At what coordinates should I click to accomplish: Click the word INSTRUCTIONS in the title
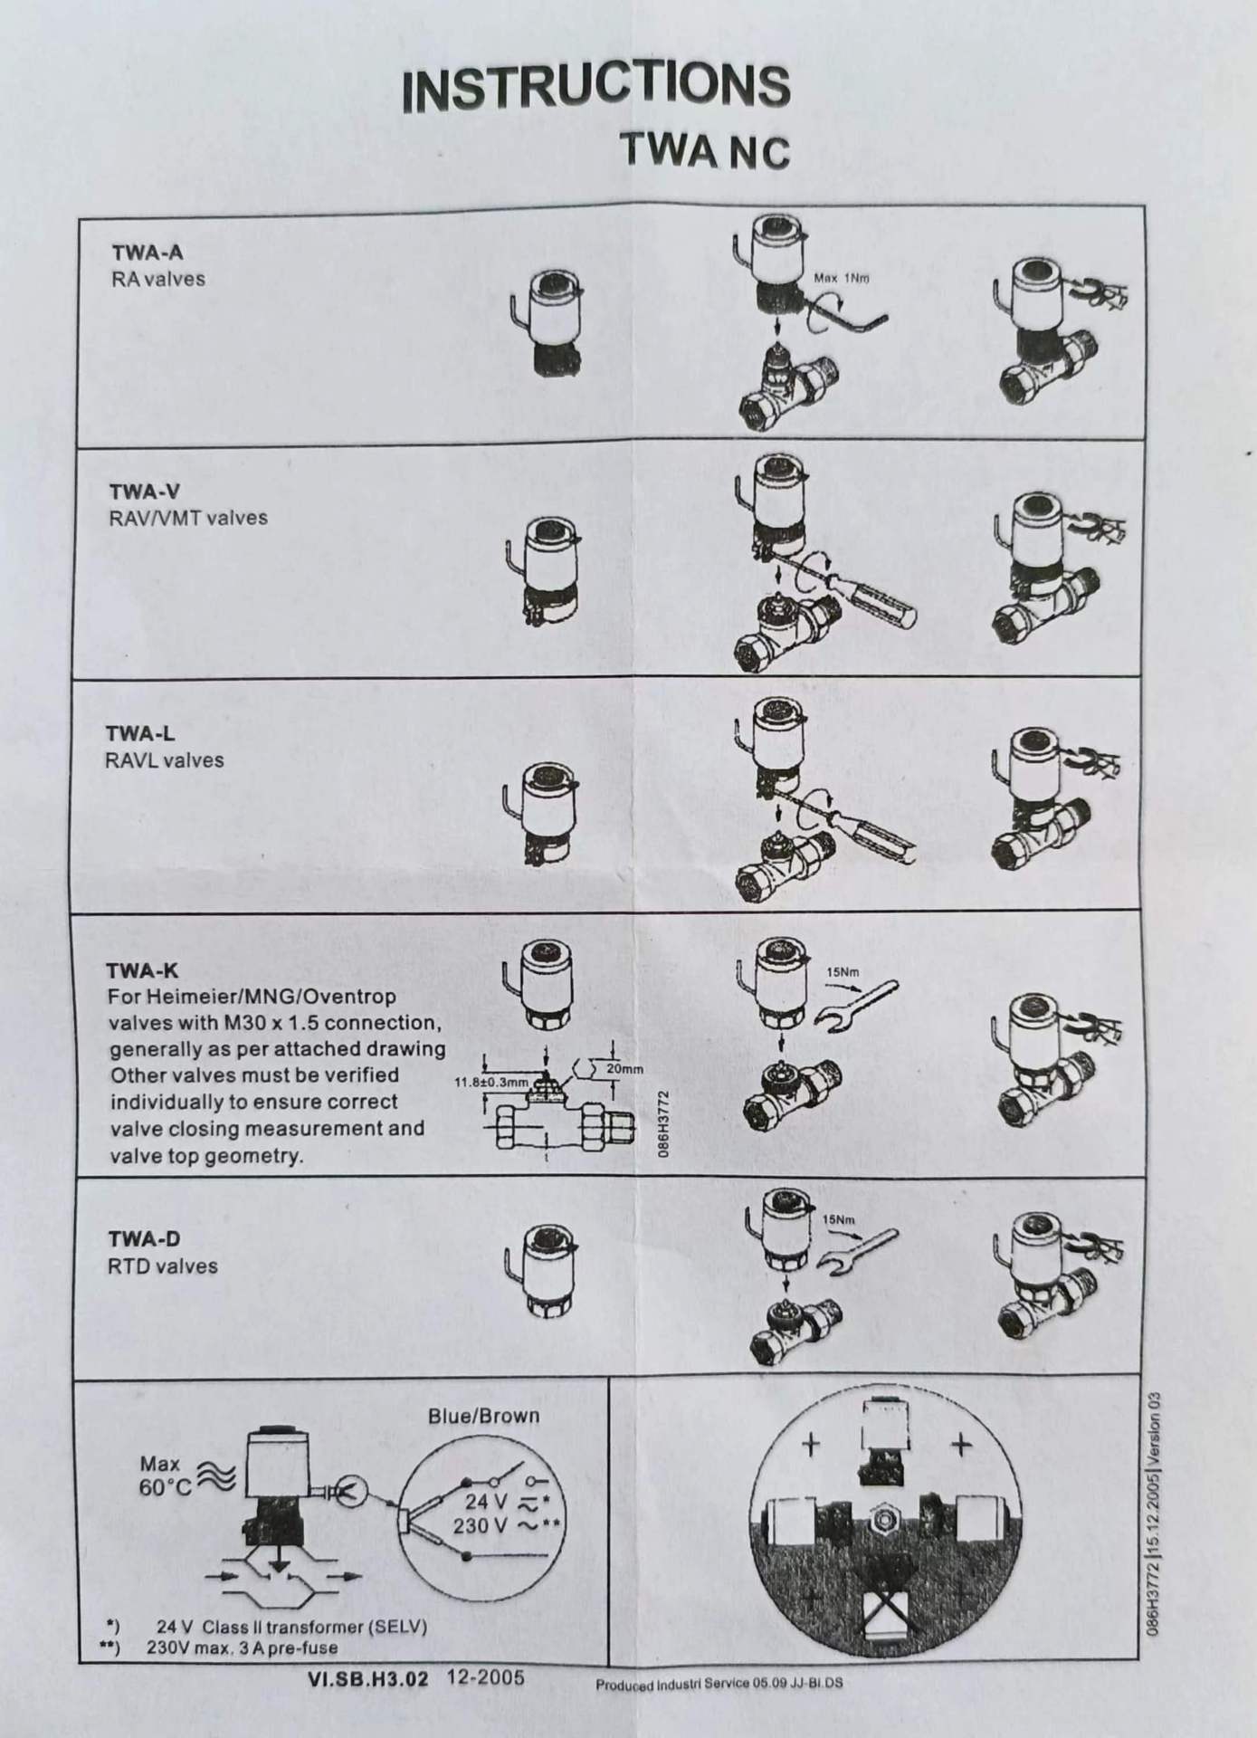596,88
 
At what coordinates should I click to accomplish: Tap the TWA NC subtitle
704,150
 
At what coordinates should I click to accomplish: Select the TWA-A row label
147,253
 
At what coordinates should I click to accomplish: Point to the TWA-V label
145,492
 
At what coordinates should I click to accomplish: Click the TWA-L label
140,733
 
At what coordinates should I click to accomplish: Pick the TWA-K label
142,971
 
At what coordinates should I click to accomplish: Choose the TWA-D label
144,1238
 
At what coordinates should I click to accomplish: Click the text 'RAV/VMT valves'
188,518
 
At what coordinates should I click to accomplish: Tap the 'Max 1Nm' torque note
841,278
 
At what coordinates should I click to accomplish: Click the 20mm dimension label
624,1069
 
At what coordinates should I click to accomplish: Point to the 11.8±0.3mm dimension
491,1082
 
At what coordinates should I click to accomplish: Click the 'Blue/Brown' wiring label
483,1416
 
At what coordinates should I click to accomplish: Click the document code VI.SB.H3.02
367,1678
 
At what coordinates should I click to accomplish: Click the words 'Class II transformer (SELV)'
314,1627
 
